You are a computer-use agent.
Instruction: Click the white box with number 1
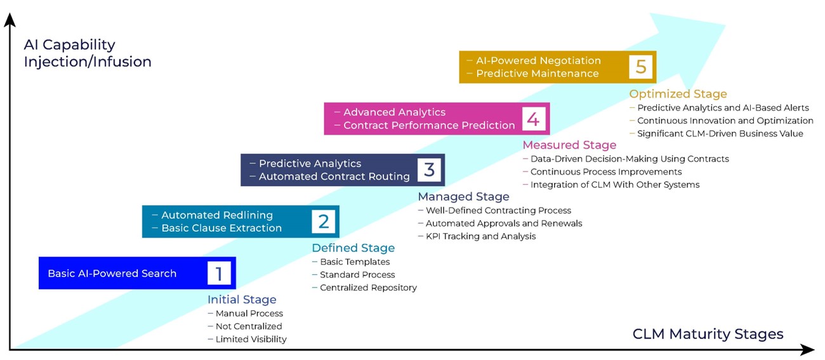pos(219,273)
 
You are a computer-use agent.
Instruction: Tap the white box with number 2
pos(324,222)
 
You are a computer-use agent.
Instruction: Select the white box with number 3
pos(429,170)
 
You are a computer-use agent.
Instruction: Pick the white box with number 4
pos(533,119)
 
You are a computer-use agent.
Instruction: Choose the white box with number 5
pos(641,67)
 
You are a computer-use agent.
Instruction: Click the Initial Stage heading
pos(242,300)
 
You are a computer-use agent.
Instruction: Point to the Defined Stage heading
pos(353,248)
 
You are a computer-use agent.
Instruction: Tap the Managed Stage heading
pos(463,197)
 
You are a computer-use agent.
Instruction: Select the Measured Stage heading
pos(569,145)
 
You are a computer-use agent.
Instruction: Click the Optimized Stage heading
pos(678,94)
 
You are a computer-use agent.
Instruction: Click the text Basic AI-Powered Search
pos(112,274)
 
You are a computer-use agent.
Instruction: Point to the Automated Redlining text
pos(217,215)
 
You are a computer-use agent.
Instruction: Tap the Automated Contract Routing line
pos(334,177)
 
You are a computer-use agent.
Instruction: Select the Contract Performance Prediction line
pos(429,125)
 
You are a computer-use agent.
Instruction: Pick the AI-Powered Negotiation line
pos(538,60)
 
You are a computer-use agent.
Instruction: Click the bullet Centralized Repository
pos(368,288)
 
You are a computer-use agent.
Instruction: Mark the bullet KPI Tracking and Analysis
pos(480,236)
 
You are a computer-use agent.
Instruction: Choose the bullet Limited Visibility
pos(251,339)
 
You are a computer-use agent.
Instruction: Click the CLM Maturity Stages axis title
pos(708,334)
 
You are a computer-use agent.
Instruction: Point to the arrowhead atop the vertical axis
pos(10,20)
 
